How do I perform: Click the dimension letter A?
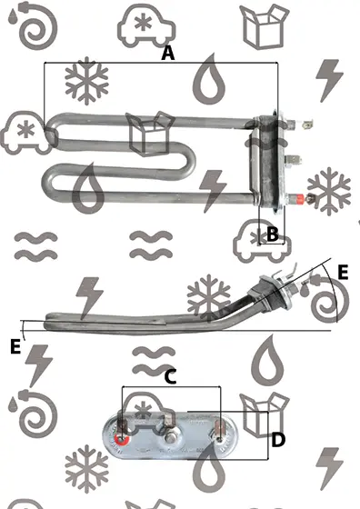pyautogui.click(x=168, y=54)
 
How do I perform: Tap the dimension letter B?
pyautogui.click(x=273, y=234)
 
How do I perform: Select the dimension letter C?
pyautogui.click(x=170, y=377)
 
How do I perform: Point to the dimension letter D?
pyautogui.click(x=278, y=440)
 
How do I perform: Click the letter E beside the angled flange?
pyautogui.click(x=343, y=272)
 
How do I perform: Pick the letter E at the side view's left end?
pyautogui.click(x=15, y=346)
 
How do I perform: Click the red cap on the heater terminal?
pyautogui.click(x=299, y=198)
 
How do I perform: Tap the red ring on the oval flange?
pyautogui.click(x=122, y=440)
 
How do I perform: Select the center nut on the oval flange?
pyautogui.click(x=170, y=438)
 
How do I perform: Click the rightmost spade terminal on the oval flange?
pyautogui.click(x=219, y=429)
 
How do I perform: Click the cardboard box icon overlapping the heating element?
pyautogui.click(x=150, y=134)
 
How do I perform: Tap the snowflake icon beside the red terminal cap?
pyautogui.click(x=329, y=191)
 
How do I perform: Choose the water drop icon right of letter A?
pyautogui.click(x=209, y=79)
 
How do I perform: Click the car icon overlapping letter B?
pyautogui.click(x=262, y=241)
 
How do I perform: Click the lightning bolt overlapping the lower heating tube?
pyautogui.click(x=213, y=191)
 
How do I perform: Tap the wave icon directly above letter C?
pyautogui.click(x=155, y=361)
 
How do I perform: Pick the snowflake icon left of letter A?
pyautogui.click(x=86, y=81)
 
